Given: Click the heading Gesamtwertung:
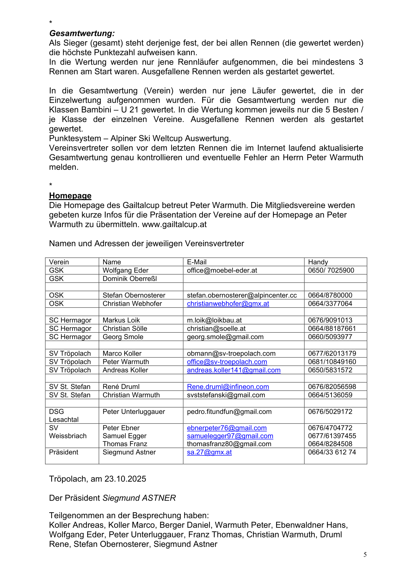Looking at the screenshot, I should [82, 34].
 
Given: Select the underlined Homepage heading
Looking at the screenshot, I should [70, 196].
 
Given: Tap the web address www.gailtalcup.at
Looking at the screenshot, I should [174, 225].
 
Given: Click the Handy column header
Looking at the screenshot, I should [318, 262].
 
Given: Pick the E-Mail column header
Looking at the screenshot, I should [197, 262].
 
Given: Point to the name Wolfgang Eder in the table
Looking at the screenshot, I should [125, 270].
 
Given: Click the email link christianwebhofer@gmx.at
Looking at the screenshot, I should [228, 303].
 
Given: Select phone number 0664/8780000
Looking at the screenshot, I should [330, 295].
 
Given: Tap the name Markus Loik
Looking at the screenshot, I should [121, 320].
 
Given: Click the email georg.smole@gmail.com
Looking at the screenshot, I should [225, 337].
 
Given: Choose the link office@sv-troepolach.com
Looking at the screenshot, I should [227, 362].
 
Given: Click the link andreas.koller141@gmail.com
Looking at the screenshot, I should [233, 370].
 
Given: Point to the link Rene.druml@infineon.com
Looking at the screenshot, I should [228, 387].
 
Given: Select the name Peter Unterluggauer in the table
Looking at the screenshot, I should [134, 411].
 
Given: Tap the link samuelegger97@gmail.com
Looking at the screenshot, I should [230, 436].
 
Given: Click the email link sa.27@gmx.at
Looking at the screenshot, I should [209, 452].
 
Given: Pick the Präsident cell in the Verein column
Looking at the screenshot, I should [64, 452].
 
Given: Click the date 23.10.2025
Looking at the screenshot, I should [125, 479].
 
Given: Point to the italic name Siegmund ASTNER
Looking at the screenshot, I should [139, 498].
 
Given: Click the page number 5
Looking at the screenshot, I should [365, 554].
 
